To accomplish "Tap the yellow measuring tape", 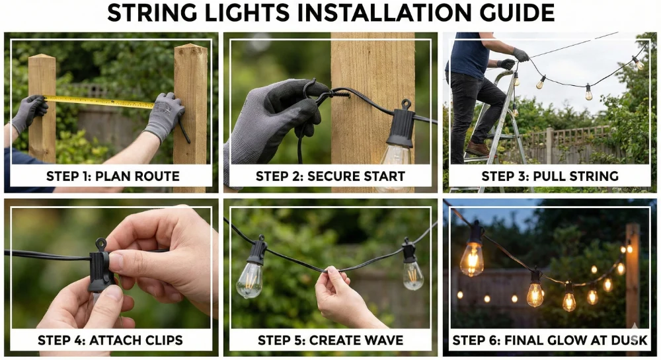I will click(x=99, y=102).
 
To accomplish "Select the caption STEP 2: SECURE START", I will click(x=330, y=176).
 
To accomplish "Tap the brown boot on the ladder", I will click(x=477, y=149).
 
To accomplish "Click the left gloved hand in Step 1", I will click(x=29, y=112).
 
